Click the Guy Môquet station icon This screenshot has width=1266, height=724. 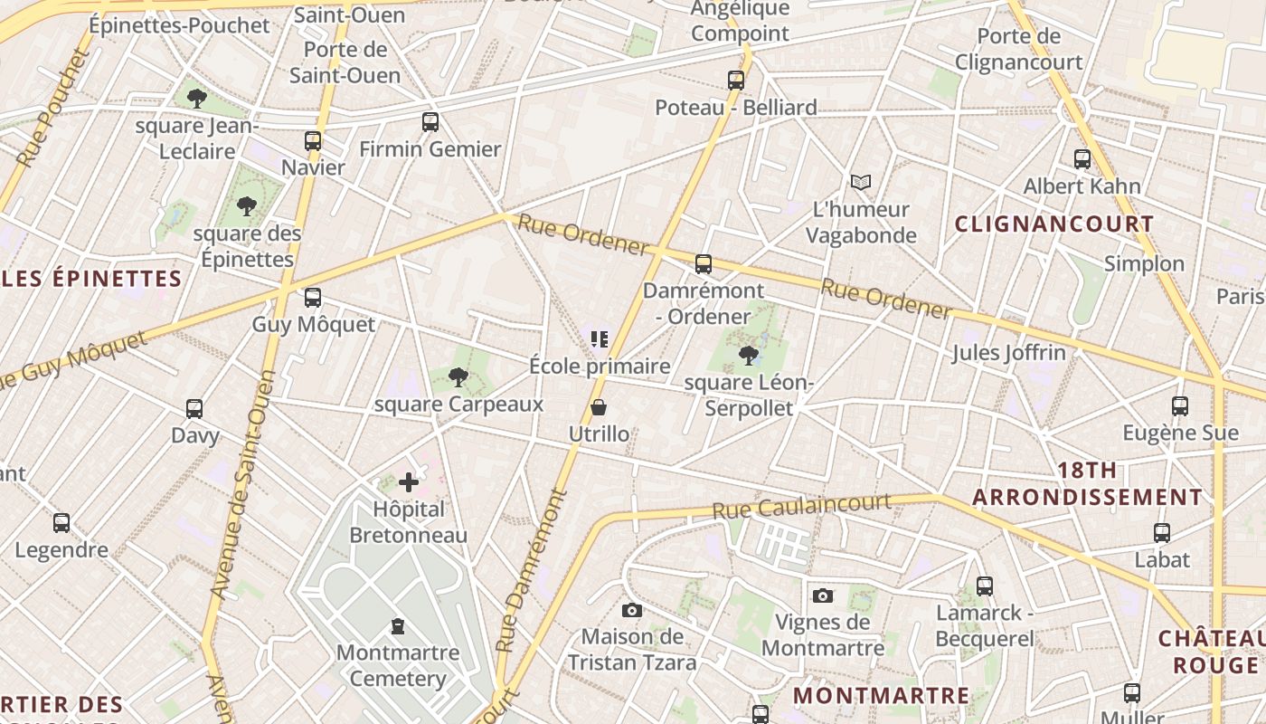pyautogui.click(x=313, y=297)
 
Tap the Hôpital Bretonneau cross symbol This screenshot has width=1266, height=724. pyautogui.click(x=409, y=482)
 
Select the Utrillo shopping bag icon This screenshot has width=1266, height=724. pyautogui.click(x=599, y=408)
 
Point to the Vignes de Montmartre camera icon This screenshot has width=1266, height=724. pyautogui.click(x=822, y=595)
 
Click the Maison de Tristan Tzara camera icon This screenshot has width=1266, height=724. pyautogui.click(x=632, y=611)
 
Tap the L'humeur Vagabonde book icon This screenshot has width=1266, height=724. pyautogui.click(x=860, y=183)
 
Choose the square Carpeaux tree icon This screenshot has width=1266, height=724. pyautogui.click(x=458, y=376)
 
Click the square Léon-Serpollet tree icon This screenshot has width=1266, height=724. pyautogui.click(x=748, y=355)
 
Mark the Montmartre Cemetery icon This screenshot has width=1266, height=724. pyautogui.click(x=397, y=625)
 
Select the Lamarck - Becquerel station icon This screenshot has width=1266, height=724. pyautogui.click(x=985, y=586)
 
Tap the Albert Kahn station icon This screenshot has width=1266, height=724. pyautogui.click(x=1082, y=159)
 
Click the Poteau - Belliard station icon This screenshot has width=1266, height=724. pyautogui.click(x=736, y=81)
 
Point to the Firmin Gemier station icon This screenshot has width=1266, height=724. pyautogui.click(x=430, y=122)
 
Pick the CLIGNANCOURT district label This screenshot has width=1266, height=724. pyautogui.click(x=1054, y=224)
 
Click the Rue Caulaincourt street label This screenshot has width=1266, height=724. pyautogui.click(x=801, y=506)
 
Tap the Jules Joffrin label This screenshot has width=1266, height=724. pyautogui.click(x=1008, y=352)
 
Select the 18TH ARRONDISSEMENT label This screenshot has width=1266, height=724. pyautogui.click(x=1088, y=484)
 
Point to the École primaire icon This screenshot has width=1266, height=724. pyautogui.click(x=599, y=339)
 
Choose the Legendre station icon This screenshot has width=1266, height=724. pyautogui.click(x=61, y=523)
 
